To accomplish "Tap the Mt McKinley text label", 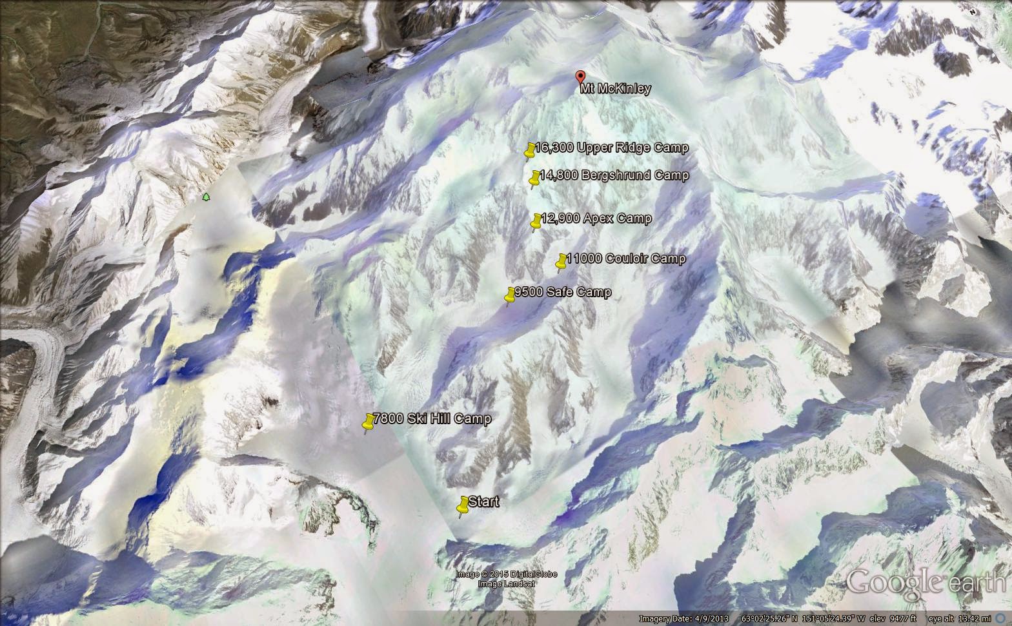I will click(615, 89).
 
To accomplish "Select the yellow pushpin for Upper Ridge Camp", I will click(530, 150).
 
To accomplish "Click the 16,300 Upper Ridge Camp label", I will click(611, 148).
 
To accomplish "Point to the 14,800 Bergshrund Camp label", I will click(614, 175).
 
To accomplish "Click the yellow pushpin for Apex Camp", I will click(536, 221).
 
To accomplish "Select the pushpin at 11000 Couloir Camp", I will click(562, 261).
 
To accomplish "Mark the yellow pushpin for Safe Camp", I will click(510, 295).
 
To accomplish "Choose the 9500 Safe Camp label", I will click(562, 292).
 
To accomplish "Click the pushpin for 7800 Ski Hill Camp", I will click(369, 422).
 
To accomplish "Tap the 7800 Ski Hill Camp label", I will click(432, 418).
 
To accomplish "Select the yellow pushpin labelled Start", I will click(463, 505).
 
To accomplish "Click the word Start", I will click(483, 502).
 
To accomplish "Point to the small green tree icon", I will click(206, 197).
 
